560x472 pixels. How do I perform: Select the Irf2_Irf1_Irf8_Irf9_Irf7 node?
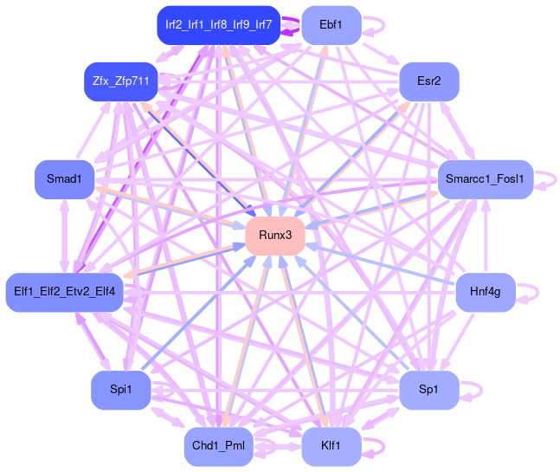point(218,25)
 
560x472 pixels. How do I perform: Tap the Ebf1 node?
point(329,25)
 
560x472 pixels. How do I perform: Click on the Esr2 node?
point(428,81)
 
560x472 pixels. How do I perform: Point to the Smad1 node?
point(64,179)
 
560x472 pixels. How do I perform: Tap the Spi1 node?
point(120,391)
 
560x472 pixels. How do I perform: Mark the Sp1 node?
point(428,391)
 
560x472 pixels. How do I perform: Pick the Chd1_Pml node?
point(218,446)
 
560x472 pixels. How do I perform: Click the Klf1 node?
point(329,446)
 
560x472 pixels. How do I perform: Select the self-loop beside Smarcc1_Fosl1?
point(548,179)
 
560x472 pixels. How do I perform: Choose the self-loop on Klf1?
point(376,446)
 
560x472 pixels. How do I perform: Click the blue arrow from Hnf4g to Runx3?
point(381,264)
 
